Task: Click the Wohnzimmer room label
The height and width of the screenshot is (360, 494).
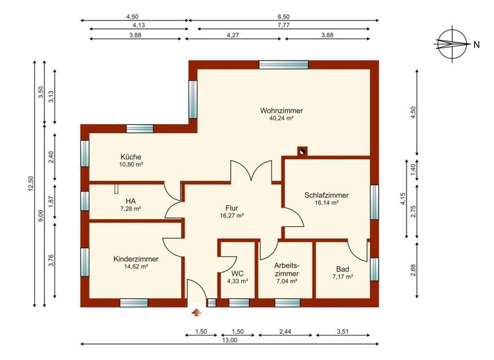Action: coord(281,111)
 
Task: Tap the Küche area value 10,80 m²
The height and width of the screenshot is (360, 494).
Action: coord(131,165)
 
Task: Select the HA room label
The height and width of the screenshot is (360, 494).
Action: coord(131,201)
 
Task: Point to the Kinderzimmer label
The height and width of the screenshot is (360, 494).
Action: coord(136,258)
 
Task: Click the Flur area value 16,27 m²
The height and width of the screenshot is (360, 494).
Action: coord(232,216)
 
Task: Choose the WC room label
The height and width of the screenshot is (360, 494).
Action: coord(238,273)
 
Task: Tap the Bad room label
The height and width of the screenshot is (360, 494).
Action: coord(342,269)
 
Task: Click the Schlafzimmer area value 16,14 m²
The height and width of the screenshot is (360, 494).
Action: coord(327,203)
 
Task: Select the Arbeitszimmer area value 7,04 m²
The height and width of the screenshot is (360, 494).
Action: coord(286,281)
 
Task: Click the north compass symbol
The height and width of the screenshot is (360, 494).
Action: coord(452,44)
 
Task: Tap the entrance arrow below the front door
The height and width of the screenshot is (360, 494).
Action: coord(197,312)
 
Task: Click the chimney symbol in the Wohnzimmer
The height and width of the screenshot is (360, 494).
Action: coord(302,152)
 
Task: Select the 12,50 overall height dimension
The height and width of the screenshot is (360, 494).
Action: coord(29,184)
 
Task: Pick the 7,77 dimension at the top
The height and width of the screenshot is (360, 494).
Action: coord(283,25)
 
